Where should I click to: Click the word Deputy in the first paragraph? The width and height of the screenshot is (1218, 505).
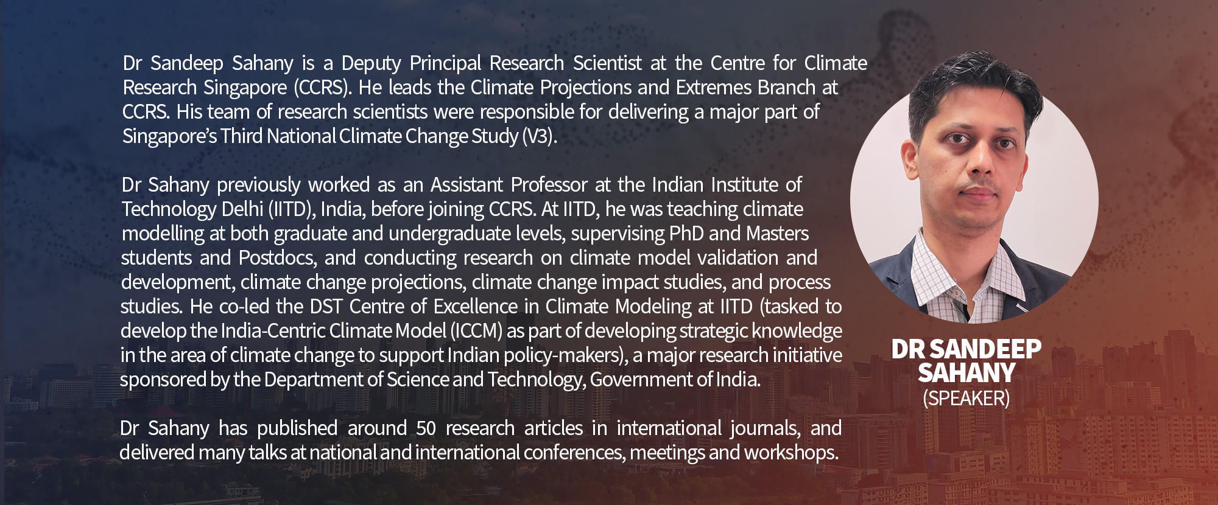click(x=371, y=64)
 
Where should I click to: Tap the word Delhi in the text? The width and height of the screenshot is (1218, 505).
click(x=242, y=209)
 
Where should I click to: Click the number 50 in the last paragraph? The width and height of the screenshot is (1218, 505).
click(x=426, y=428)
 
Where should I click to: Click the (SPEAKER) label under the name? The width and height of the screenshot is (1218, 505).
click(x=966, y=399)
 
